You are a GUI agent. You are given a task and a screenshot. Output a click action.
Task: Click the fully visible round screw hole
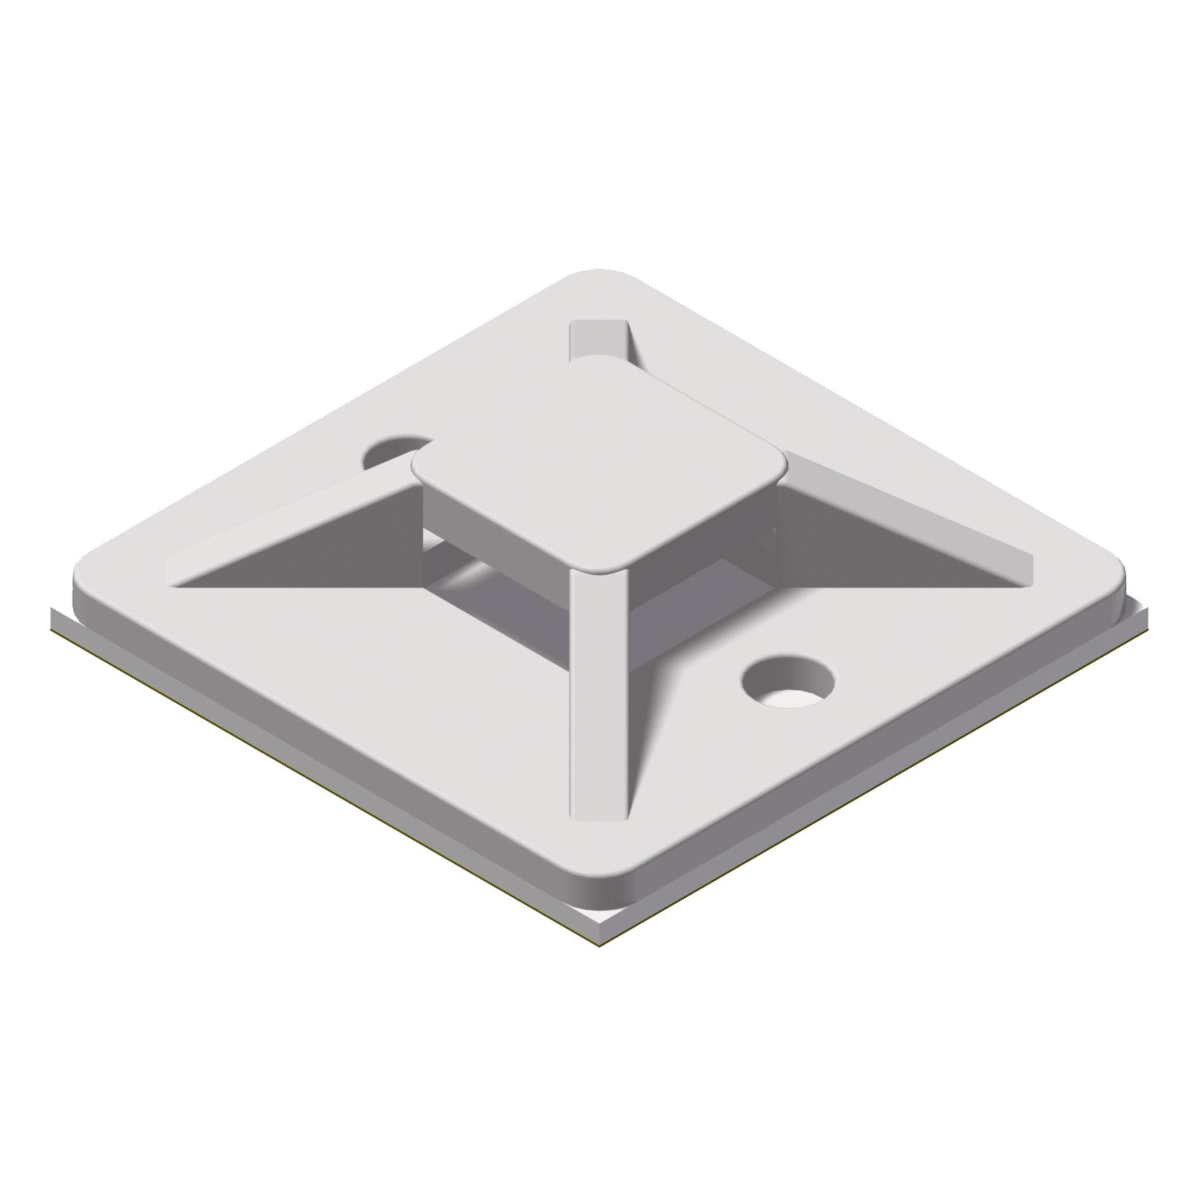788,682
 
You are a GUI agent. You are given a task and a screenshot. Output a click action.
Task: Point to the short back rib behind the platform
599,339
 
